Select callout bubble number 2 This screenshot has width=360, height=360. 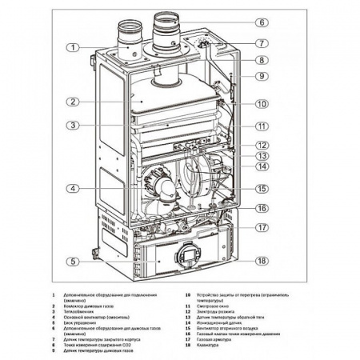tap(73, 102)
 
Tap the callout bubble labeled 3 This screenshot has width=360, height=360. tap(73, 126)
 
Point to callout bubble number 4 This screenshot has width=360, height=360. tap(73, 189)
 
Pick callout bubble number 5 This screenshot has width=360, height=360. tap(73, 262)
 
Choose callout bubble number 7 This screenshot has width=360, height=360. tap(262, 42)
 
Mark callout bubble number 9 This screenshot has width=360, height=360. tap(262, 76)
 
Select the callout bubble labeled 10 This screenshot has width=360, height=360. tap(262, 104)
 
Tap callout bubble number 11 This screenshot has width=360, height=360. tap(262, 126)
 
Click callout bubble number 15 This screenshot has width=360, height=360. tap(262, 189)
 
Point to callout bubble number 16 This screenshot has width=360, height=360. tap(262, 208)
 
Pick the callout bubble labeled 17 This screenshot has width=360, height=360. tap(262, 227)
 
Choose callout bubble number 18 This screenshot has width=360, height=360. tap(262, 261)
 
